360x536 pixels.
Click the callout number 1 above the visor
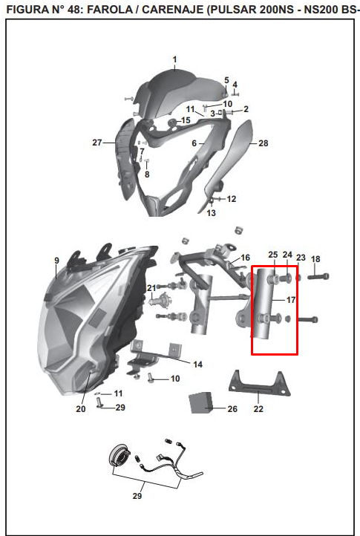(x=174, y=59)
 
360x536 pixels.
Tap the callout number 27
(x=97, y=143)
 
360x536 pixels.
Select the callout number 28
(x=264, y=143)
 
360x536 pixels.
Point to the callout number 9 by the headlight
(x=56, y=261)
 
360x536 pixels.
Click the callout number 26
(x=232, y=409)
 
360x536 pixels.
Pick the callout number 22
(x=258, y=409)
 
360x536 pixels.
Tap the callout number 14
(x=198, y=365)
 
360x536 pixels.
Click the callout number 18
(x=315, y=259)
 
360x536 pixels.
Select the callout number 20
(x=81, y=409)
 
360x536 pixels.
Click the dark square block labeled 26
(x=200, y=402)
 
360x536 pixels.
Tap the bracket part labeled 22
(x=260, y=385)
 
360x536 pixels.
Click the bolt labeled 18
(x=318, y=276)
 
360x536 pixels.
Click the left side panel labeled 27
(x=126, y=158)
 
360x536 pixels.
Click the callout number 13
(x=212, y=212)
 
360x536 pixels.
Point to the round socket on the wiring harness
(x=119, y=454)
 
